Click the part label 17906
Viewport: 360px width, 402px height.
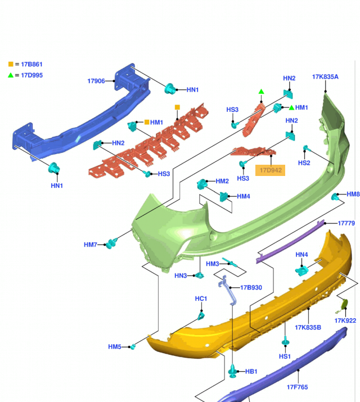click(x=96, y=82)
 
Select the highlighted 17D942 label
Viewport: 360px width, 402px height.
click(x=271, y=169)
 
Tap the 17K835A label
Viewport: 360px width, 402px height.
click(x=325, y=77)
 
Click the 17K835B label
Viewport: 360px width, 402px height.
click(x=308, y=327)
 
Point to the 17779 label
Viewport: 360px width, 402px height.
click(x=346, y=223)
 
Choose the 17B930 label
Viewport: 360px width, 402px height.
click(x=251, y=287)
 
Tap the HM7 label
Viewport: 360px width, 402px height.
click(x=91, y=245)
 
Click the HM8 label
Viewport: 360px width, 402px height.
click(x=353, y=195)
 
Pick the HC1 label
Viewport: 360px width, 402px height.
click(x=201, y=298)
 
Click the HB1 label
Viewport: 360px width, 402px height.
click(x=251, y=372)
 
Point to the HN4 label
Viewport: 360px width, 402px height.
click(x=301, y=255)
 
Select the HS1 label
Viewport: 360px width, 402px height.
click(x=285, y=356)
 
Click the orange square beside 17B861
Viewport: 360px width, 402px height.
click(x=11, y=65)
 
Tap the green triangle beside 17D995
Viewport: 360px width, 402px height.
click(x=11, y=75)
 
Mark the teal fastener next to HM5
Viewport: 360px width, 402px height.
click(x=134, y=346)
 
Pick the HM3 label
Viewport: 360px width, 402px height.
click(x=212, y=264)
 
